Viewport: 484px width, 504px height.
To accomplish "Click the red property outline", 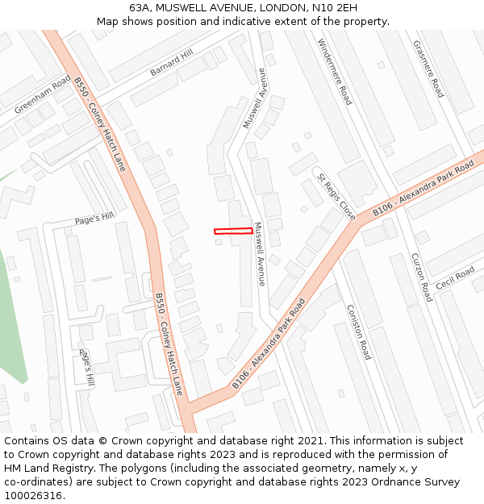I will pos(233,231).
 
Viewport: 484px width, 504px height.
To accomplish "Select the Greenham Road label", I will pos(43,94).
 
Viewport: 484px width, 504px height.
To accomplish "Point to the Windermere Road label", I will pos(335,72).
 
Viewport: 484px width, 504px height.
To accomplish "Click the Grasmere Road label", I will pos(428,69).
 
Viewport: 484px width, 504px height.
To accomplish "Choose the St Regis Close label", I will pos(336,197).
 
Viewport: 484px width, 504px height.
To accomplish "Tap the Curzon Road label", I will pos(422,277).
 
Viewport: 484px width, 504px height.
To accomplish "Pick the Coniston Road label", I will pos(357,331).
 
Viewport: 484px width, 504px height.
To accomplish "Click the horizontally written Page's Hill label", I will pos(94,218).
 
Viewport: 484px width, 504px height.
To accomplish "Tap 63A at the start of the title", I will pos(140,7).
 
